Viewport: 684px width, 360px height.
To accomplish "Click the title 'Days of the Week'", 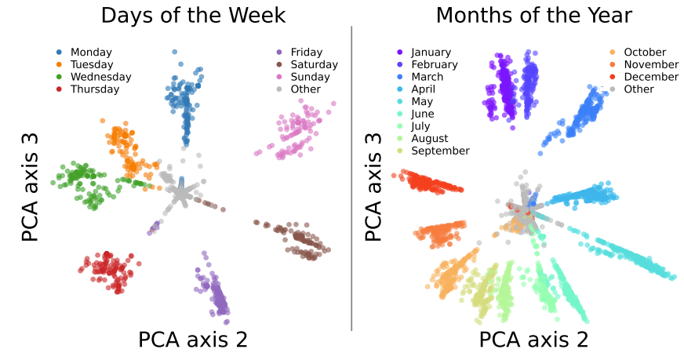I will pyautogui.click(x=193, y=15).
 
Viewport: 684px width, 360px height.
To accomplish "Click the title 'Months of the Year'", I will pyautogui.click(x=534, y=15).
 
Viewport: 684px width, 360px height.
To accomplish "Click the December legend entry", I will pyautogui.click(x=651, y=77).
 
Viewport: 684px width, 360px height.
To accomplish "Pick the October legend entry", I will pyautogui.click(x=645, y=52).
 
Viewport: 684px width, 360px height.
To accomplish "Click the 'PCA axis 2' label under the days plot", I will pyautogui.click(x=193, y=340).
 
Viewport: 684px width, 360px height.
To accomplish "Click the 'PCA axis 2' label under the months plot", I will pyautogui.click(x=534, y=340).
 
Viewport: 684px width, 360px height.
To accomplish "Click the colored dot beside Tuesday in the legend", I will pyautogui.click(x=59, y=64).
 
